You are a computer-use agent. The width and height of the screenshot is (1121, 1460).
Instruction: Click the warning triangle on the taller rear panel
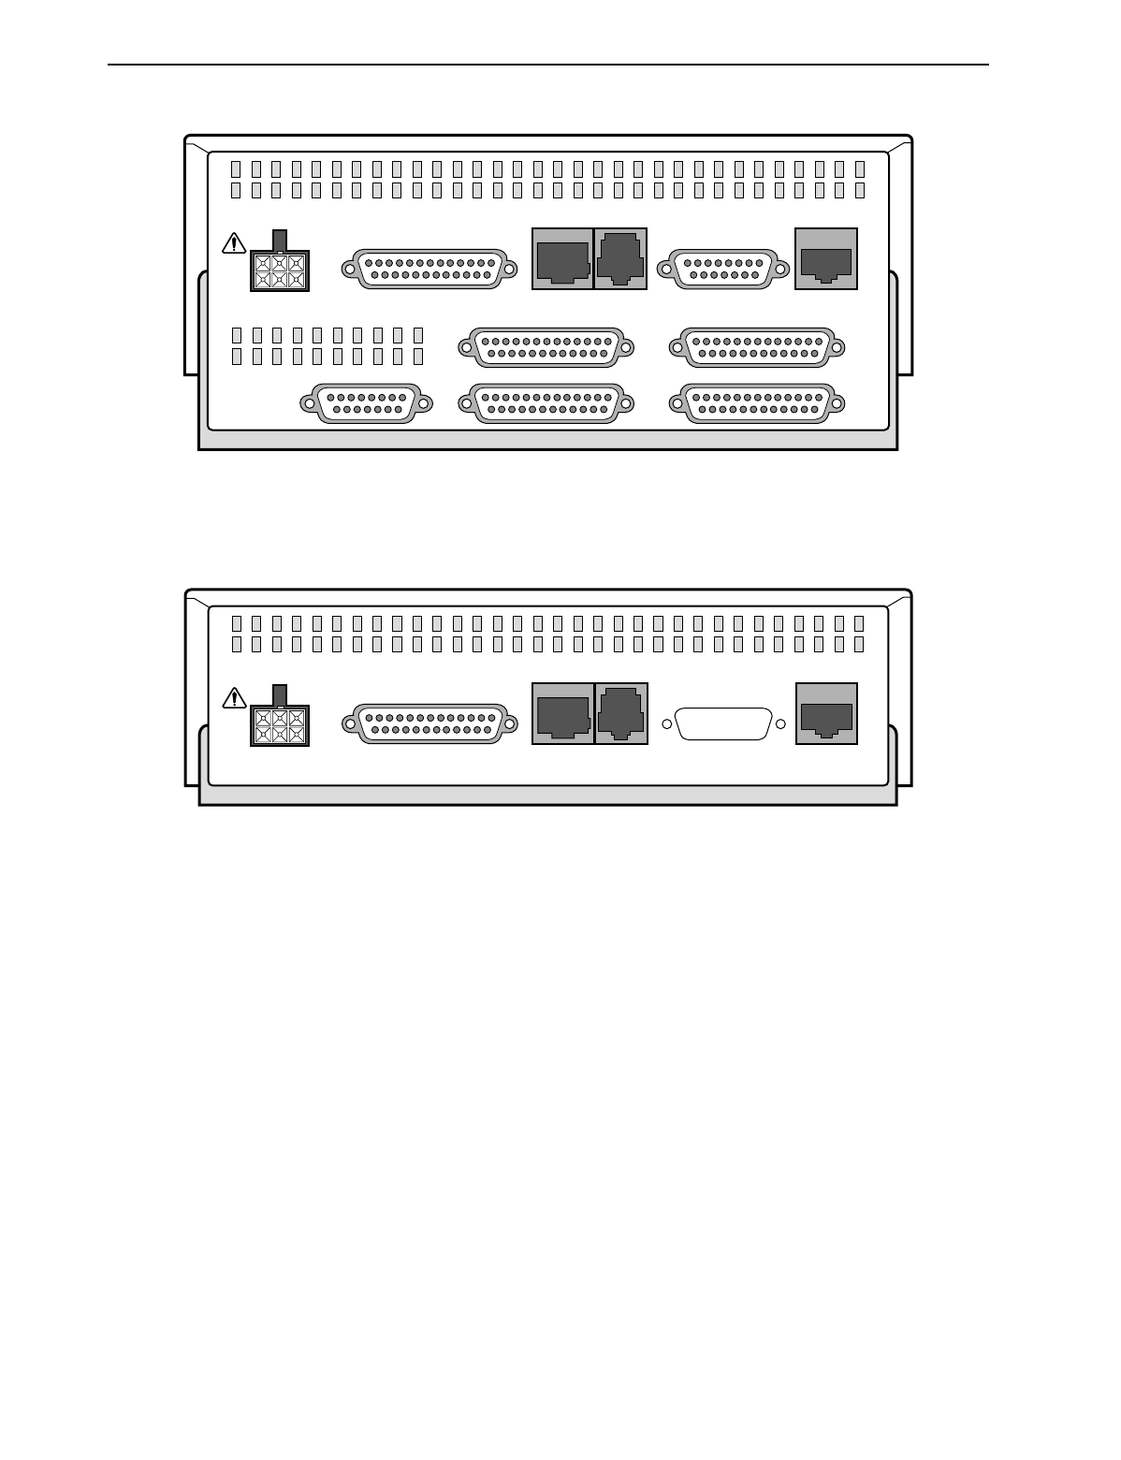pyautogui.click(x=233, y=244)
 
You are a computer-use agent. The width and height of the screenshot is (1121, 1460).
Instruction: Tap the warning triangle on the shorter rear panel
pyautogui.click(x=233, y=698)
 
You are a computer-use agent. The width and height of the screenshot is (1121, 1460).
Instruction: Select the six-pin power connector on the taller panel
pyautogui.click(x=279, y=270)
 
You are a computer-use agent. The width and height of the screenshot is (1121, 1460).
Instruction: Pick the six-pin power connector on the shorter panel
pyautogui.click(x=279, y=726)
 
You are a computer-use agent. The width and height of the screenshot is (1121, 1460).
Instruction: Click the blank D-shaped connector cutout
pyautogui.click(x=723, y=723)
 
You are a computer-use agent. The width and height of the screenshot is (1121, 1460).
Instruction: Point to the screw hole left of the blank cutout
pyautogui.click(x=667, y=723)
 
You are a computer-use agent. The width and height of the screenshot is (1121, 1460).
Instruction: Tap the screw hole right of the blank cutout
pyautogui.click(x=780, y=723)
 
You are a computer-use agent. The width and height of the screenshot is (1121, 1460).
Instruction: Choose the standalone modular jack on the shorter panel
pyautogui.click(x=826, y=714)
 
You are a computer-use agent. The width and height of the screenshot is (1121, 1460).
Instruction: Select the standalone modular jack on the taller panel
pyautogui.click(x=826, y=259)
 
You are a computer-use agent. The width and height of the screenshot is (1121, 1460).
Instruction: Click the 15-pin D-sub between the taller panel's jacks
pyautogui.click(x=718, y=270)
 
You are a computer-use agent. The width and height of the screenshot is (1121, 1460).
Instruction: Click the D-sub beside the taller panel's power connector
pyautogui.click(x=429, y=270)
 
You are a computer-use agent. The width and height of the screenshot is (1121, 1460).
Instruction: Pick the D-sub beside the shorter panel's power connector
pyautogui.click(x=429, y=723)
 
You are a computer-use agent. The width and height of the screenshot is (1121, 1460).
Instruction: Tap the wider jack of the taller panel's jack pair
pyautogui.click(x=562, y=259)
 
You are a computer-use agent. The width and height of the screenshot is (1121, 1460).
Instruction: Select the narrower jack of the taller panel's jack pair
pyautogui.click(x=620, y=259)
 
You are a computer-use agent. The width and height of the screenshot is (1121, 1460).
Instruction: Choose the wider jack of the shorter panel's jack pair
pyautogui.click(x=562, y=714)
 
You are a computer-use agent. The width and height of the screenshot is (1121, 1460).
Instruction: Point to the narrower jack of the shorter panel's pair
pyautogui.click(x=620, y=714)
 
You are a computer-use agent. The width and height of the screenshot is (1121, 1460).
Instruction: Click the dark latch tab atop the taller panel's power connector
pyautogui.click(x=279, y=240)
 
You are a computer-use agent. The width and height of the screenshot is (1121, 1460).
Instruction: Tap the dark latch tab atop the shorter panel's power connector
pyautogui.click(x=279, y=694)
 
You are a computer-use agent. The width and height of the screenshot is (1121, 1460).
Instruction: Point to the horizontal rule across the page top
pyautogui.click(x=548, y=65)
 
